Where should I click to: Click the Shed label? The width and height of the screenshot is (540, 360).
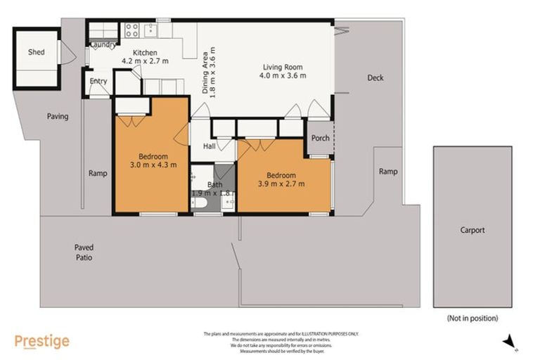(x=36, y=53)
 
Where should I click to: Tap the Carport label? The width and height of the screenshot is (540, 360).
(x=472, y=230)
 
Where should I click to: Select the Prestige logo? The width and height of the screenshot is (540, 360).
(x=42, y=342)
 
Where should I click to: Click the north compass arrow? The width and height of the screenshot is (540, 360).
(x=508, y=341)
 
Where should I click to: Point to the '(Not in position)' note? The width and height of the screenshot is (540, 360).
(x=472, y=319)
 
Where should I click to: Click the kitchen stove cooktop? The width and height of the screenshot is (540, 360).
(x=131, y=30)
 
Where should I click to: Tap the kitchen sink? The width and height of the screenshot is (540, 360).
(x=149, y=30)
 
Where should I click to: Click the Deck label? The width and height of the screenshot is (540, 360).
(x=375, y=78)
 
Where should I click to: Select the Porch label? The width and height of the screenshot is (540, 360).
(x=321, y=138)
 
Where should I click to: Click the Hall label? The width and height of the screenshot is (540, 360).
(x=210, y=146)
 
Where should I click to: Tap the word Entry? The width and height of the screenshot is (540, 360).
(x=98, y=82)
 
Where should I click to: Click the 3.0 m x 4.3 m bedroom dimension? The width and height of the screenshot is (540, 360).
(x=153, y=165)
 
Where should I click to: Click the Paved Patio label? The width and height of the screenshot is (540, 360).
(x=84, y=252)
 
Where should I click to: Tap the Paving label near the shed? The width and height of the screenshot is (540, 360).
(x=58, y=116)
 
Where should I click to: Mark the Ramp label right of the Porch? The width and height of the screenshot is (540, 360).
(x=387, y=172)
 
